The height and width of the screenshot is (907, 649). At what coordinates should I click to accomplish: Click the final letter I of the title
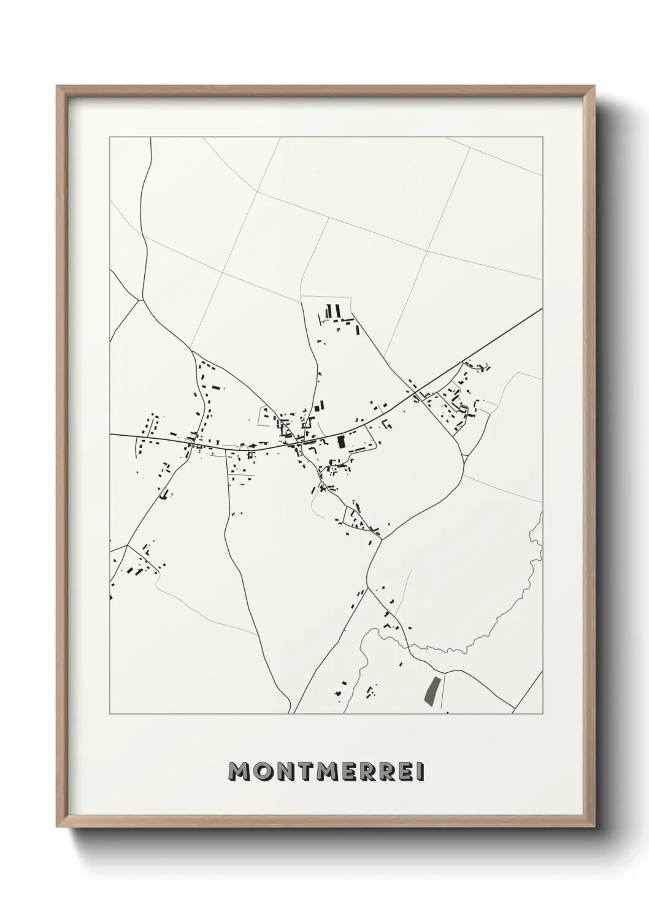coord(421,772)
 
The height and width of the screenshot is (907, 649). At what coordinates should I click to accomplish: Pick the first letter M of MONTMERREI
coord(236,772)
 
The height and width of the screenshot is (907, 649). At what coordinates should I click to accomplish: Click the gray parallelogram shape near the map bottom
coord(432,688)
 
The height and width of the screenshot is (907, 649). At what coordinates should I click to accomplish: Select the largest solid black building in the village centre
coord(342,443)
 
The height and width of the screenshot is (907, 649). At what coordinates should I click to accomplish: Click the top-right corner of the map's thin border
coord(542,137)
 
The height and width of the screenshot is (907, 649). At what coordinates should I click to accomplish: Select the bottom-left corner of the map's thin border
coord(110,714)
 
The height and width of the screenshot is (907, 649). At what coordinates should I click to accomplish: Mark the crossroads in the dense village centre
coord(299,442)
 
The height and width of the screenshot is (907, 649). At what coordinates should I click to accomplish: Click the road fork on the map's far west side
coord(141,301)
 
